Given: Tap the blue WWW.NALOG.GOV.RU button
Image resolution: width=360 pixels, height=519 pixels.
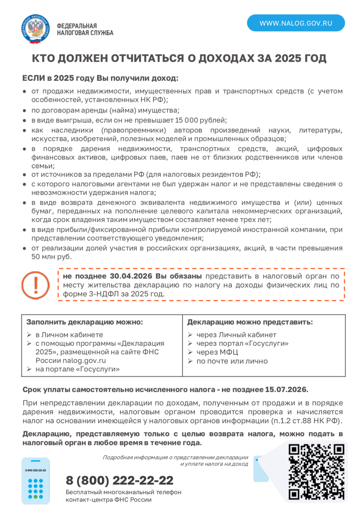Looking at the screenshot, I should click(x=296, y=23).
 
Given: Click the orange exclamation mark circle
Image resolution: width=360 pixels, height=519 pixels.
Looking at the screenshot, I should click(x=36, y=285).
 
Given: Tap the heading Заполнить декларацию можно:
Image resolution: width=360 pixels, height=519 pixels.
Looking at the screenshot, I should click(x=85, y=322).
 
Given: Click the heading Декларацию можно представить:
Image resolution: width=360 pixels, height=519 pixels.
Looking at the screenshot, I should click(x=250, y=322).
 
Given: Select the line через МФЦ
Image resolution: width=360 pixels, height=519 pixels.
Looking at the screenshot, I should click(x=217, y=352).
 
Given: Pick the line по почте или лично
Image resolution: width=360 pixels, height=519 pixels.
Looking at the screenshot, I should click(x=232, y=361).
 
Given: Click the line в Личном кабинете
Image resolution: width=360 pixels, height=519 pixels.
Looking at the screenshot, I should click(x=69, y=335).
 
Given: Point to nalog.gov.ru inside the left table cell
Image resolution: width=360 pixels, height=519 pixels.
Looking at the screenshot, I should click(x=84, y=361).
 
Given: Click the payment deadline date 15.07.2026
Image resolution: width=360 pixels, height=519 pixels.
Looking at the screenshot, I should click(x=286, y=390).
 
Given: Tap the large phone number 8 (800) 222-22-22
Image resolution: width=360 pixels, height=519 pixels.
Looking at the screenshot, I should click(x=120, y=480).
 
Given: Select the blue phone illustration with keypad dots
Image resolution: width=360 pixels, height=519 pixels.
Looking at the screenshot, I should click(x=36, y=481).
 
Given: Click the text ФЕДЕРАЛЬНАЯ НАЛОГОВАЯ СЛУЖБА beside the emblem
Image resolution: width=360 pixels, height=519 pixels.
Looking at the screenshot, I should click(x=85, y=29).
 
